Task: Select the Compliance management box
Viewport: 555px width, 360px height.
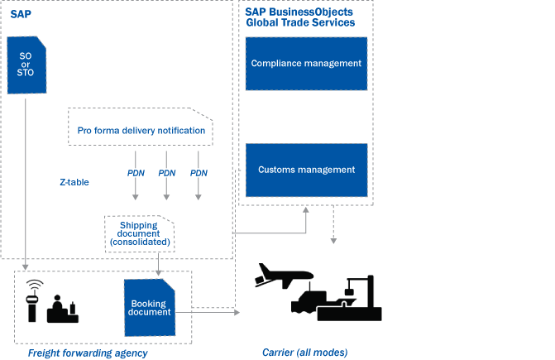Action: click(306, 64)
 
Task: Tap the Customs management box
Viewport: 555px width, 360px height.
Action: click(306, 170)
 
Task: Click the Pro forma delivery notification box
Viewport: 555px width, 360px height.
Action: click(141, 131)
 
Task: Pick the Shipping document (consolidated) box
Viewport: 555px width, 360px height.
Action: click(139, 233)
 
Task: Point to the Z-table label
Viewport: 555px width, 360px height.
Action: click(74, 182)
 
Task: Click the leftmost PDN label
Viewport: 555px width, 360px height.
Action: click(136, 173)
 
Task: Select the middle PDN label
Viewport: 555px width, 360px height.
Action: click(167, 173)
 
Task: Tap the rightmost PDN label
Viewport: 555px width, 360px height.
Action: click(199, 173)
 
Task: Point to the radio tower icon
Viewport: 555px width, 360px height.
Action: click(34, 299)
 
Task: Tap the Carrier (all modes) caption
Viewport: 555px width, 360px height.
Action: click(304, 353)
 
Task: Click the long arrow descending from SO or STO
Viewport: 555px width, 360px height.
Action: click(26, 182)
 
